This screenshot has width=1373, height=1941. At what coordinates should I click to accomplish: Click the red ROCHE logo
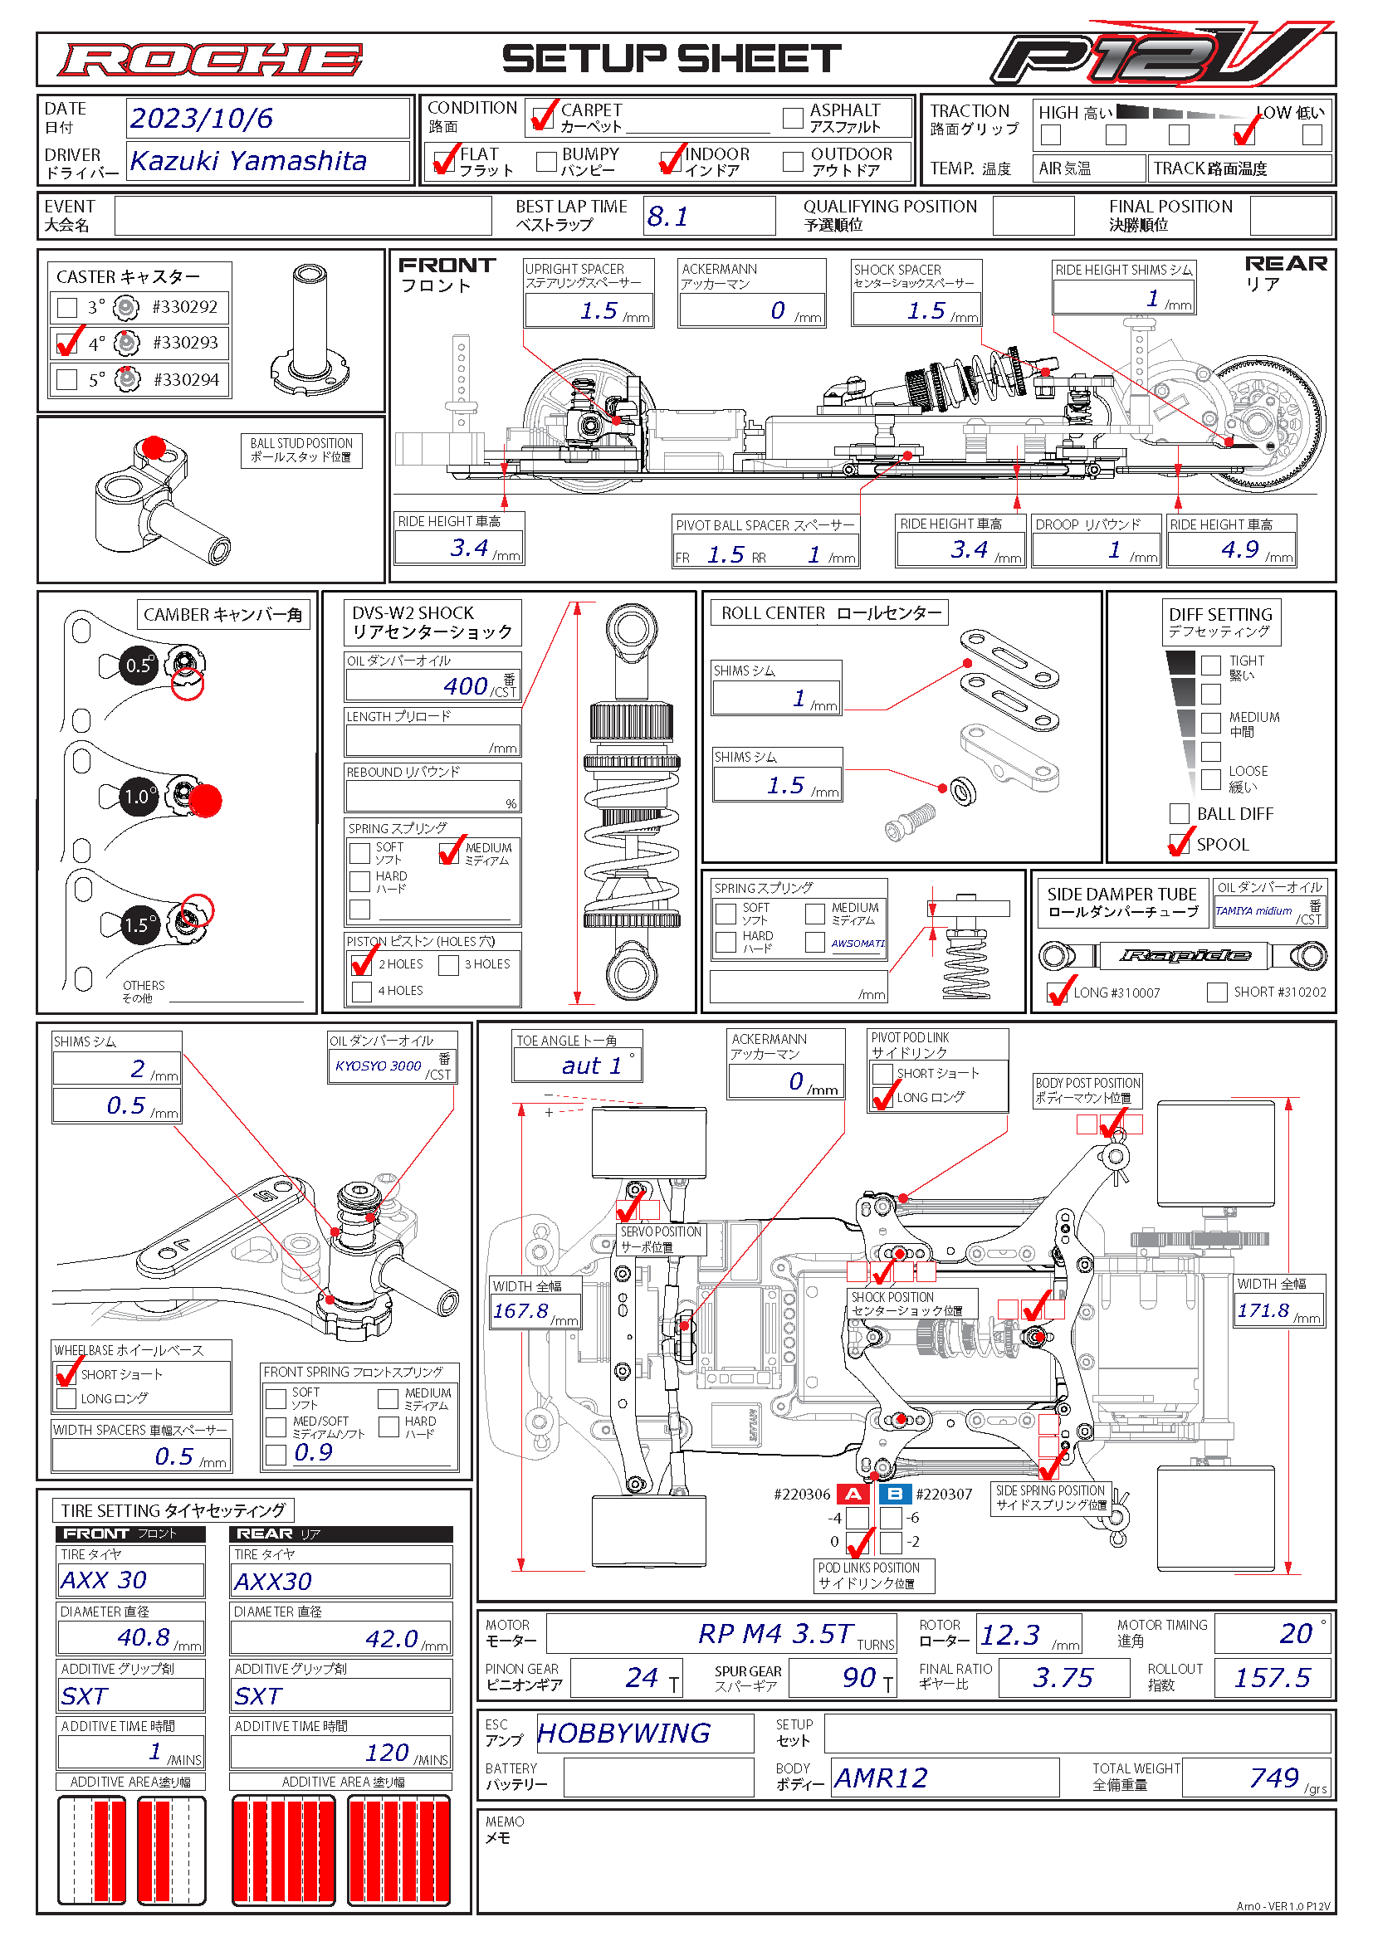pos(210,60)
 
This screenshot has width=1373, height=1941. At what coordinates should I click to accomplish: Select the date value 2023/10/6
pos(201,119)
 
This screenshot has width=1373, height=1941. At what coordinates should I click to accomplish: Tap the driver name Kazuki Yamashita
pos(247,161)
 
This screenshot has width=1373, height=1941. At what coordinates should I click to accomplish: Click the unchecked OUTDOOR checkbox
pos(792,162)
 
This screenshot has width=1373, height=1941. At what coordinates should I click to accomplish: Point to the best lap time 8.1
pos(667,217)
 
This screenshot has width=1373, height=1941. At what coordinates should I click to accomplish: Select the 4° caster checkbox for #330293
pos(66,344)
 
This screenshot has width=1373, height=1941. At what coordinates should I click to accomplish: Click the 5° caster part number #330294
pos(185,379)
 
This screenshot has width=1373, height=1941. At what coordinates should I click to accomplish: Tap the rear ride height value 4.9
pos(1239,549)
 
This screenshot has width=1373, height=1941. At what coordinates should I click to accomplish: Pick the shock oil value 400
pos(465,685)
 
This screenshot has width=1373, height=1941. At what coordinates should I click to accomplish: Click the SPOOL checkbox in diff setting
pos(1179,844)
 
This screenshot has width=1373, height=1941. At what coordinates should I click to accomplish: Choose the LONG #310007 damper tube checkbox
pos(1057,992)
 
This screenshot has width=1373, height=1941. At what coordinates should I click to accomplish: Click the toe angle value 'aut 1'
pos(591,1066)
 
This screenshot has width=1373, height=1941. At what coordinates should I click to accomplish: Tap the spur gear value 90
pos(858,1677)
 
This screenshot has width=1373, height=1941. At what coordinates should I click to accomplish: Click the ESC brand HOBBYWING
pos(623,1733)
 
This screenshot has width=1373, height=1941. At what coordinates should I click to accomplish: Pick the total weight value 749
pos(1273,1777)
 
